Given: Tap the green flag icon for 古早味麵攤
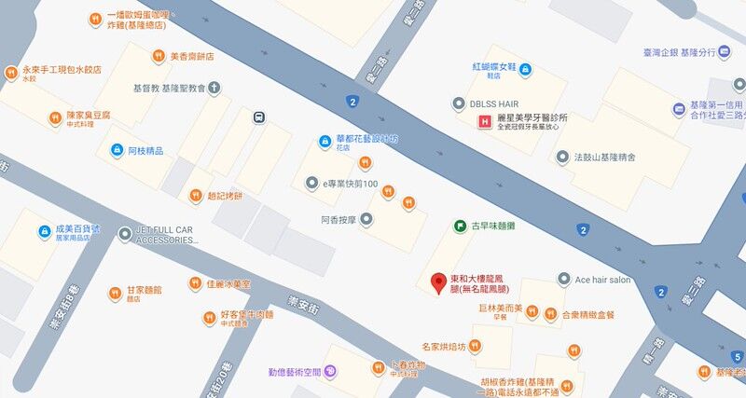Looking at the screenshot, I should (x=460, y=226).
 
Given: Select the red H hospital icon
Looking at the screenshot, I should (x=484, y=122).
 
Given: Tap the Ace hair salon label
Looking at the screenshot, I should (x=602, y=280).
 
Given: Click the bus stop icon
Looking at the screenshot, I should (x=258, y=117).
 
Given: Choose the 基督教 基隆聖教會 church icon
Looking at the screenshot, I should (x=214, y=89).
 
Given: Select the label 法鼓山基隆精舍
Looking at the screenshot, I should (x=603, y=158).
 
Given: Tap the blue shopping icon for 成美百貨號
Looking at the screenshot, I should (x=44, y=230).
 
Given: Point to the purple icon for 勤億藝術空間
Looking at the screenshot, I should (x=331, y=371).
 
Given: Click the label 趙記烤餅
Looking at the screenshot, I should (x=224, y=196).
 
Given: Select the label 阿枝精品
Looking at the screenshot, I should (x=145, y=150).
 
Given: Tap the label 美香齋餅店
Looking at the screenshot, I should (x=191, y=56).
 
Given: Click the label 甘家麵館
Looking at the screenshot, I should (x=145, y=291).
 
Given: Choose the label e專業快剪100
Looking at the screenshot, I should (x=350, y=184).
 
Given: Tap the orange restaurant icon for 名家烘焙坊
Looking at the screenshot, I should (x=475, y=347).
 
